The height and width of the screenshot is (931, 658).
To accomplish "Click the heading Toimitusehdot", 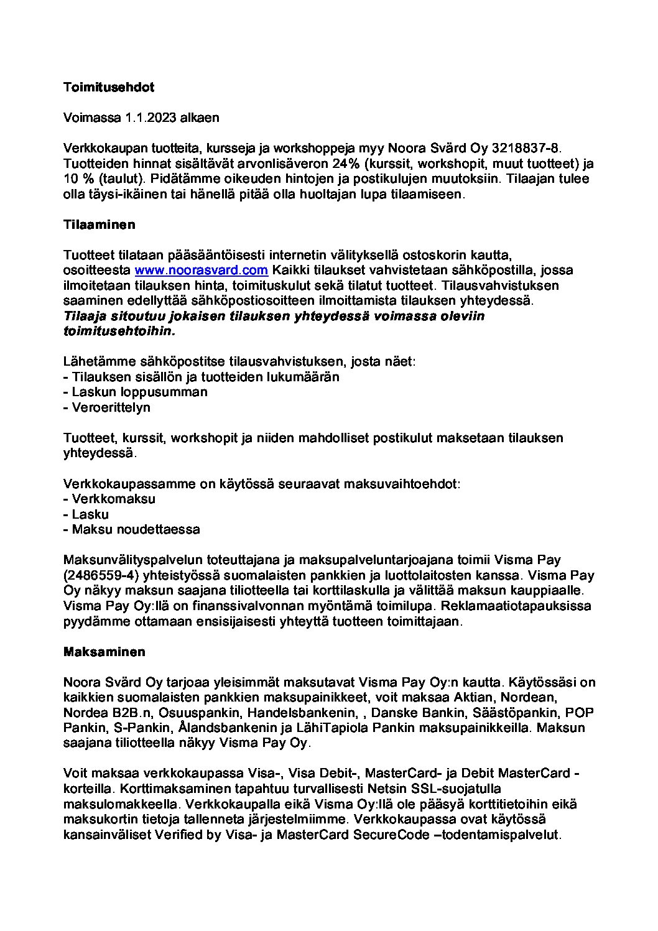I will point(109,87).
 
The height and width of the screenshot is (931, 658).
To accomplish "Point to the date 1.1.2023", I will point(151,118).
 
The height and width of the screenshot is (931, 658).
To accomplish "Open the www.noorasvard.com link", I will point(201,271).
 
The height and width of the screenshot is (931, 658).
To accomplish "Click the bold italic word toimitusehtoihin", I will point(119,331).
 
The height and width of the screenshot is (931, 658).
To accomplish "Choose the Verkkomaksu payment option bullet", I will point(113,499).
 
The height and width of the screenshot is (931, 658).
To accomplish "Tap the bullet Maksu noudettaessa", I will point(136,530).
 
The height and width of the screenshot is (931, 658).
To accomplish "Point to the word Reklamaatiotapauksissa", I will point(527,606).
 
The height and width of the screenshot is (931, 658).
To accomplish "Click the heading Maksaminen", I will point(104,652).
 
